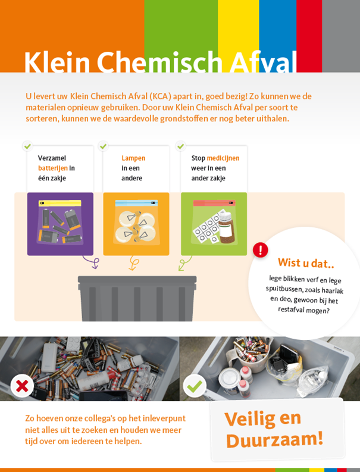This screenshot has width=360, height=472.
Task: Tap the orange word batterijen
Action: (x=52, y=168)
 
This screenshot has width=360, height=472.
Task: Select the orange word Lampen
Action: (x=133, y=158)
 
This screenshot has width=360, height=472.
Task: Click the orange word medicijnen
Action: (x=223, y=158)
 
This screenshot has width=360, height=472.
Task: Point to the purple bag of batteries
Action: (x=60, y=224)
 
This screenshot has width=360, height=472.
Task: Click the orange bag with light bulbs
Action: (x=136, y=224)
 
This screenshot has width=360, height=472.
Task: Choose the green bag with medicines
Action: (x=214, y=224)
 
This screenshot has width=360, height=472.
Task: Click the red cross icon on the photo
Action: (x=22, y=386)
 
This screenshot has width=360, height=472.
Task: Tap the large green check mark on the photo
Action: (x=195, y=386)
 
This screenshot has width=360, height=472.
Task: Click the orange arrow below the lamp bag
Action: (x=133, y=262)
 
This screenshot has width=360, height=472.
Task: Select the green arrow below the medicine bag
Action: (x=185, y=262)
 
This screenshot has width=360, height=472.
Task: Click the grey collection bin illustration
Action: (x=137, y=298)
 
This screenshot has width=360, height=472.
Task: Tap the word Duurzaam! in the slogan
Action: (x=274, y=440)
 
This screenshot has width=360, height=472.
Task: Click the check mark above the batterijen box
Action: (x=27, y=146)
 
